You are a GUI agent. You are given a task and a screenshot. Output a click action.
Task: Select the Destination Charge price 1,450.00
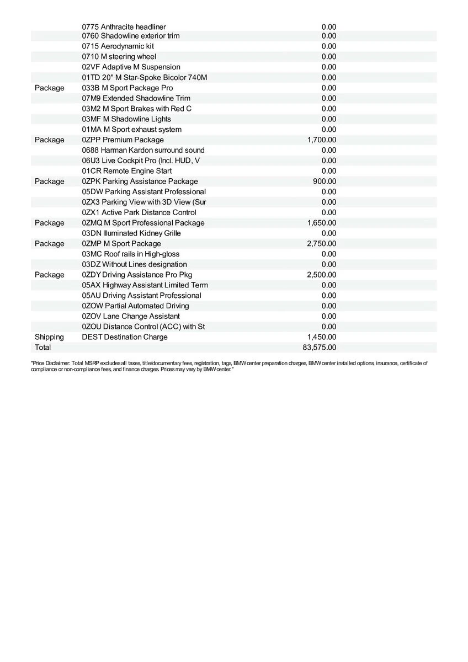(321, 337)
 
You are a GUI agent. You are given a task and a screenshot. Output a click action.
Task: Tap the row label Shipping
(49, 337)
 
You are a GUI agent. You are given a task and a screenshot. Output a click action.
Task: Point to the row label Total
(42, 348)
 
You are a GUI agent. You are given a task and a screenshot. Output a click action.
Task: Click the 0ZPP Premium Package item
(123, 140)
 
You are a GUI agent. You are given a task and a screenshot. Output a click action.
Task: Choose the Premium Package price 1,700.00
(321, 140)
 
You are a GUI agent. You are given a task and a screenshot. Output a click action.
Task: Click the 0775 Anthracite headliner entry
(124, 27)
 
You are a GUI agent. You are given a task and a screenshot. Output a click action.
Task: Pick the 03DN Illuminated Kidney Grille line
(131, 233)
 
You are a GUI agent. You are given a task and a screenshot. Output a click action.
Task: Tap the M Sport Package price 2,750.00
(321, 244)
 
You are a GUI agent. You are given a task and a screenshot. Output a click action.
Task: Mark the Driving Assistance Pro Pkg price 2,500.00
(321, 275)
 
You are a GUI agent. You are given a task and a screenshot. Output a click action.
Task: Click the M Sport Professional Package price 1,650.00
(321, 223)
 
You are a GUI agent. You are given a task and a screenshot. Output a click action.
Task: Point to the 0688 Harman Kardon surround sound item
(143, 150)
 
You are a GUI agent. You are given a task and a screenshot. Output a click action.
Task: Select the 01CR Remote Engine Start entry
(126, 171)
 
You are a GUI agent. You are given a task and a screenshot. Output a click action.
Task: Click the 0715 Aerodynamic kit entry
(118, 46)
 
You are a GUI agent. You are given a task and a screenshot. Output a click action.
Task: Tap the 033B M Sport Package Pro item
(127, 88)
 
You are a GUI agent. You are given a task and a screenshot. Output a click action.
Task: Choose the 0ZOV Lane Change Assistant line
(131, 316)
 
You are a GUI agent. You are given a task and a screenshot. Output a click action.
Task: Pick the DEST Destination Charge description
(124, 337)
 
